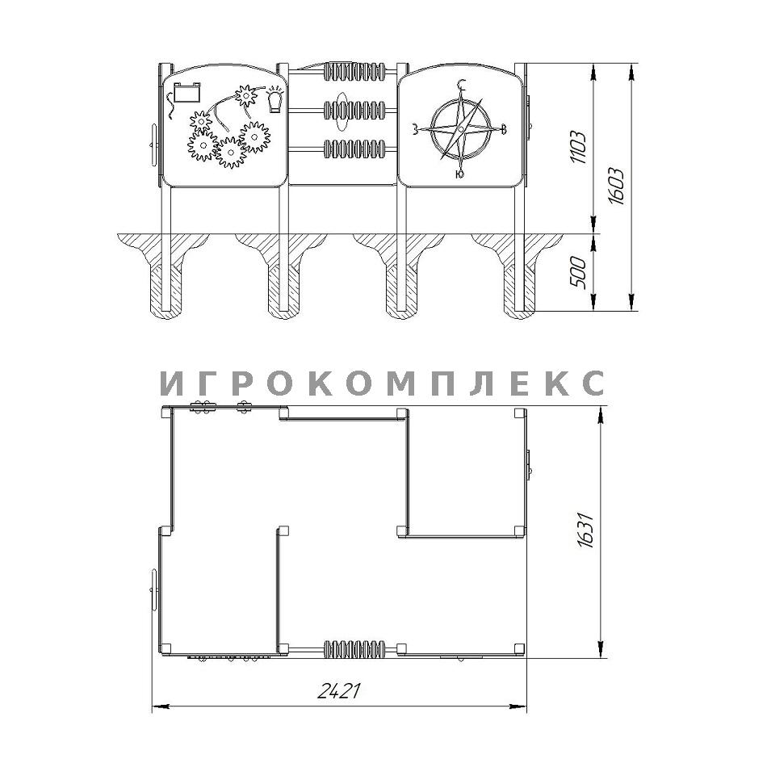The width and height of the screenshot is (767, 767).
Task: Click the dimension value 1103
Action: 579,147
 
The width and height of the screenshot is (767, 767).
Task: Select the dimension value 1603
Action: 616,187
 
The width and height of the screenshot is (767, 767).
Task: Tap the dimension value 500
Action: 579,272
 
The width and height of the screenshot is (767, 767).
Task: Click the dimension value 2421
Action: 339,690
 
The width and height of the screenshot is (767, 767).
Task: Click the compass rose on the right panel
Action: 460,129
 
